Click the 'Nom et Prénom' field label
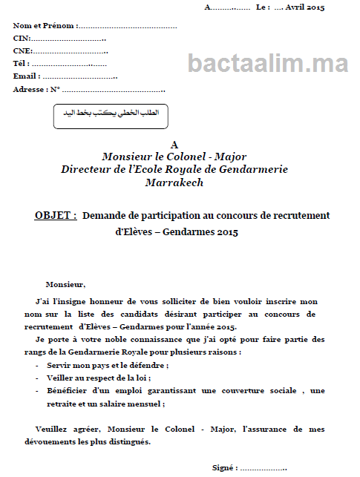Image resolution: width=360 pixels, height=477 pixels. [45, 26]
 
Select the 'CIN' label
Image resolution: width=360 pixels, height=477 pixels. [22, 38]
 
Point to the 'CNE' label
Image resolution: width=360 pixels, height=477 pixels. [22, 50]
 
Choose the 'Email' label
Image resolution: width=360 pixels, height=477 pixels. [26, 76]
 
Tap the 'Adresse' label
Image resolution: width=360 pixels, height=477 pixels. [30, 90]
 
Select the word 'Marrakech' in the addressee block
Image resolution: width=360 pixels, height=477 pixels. [174, 182]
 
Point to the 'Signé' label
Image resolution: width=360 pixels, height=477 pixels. [224, 468]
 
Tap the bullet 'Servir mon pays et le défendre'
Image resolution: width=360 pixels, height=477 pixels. [108, 366]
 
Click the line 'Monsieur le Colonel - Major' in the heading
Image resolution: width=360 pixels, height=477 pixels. [174, 157]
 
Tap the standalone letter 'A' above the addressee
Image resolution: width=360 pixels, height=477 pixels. [174, 145]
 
